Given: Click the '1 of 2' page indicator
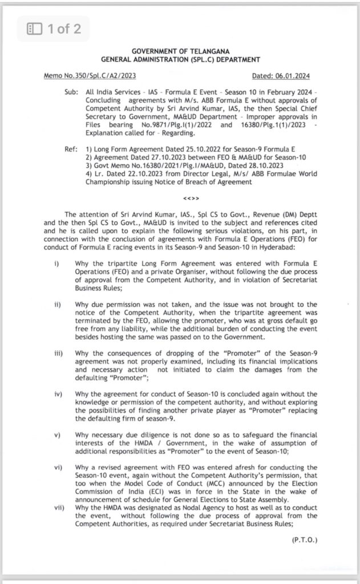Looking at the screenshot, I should pyautogui.click(x=64, y=28).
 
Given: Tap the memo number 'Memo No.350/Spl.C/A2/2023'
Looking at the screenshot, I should pyautogui.click(x=90, y=76).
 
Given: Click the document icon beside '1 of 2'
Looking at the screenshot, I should pyautogui.click(x=35, y=28).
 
